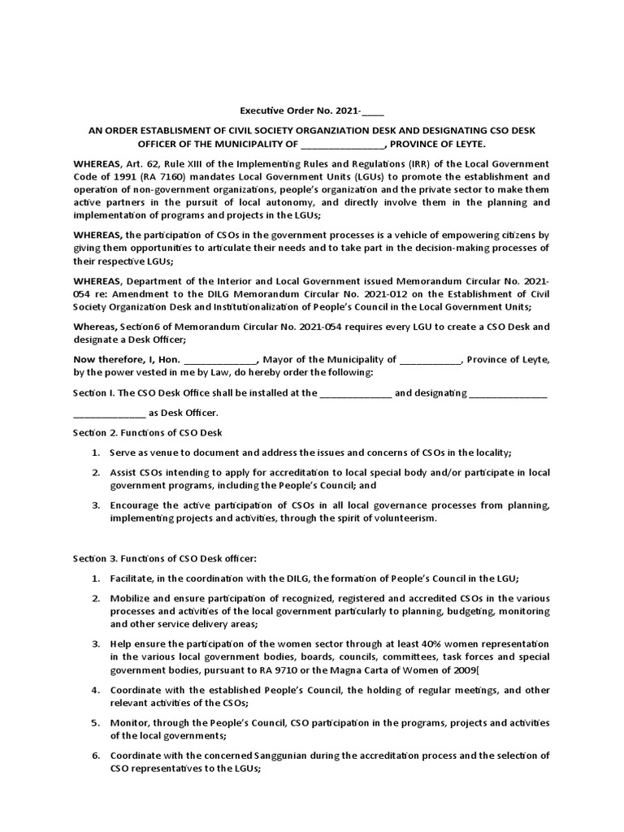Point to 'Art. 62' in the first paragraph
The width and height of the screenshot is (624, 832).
tap(143, 163)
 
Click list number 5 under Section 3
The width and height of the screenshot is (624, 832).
tap(96, 722)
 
